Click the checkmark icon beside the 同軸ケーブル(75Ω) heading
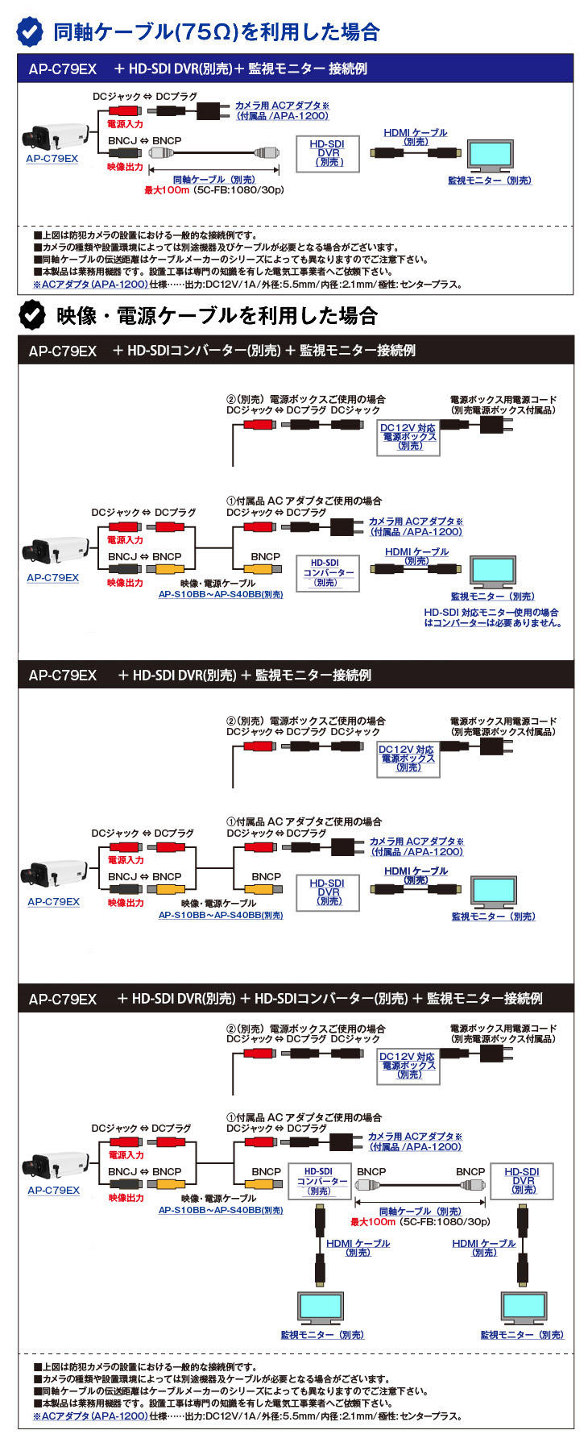31,31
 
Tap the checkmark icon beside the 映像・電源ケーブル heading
32,315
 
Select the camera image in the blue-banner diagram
54,136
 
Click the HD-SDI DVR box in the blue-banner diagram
327,153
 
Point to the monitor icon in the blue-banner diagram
490,156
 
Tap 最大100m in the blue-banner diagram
167,190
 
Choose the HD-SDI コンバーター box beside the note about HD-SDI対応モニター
327,572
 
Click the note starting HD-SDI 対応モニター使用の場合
492,617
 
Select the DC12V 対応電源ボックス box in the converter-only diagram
408,437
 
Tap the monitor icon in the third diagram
494,892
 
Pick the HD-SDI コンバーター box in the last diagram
319,1181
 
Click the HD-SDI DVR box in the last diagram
523,1181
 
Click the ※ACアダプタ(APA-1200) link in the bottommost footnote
90,1416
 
